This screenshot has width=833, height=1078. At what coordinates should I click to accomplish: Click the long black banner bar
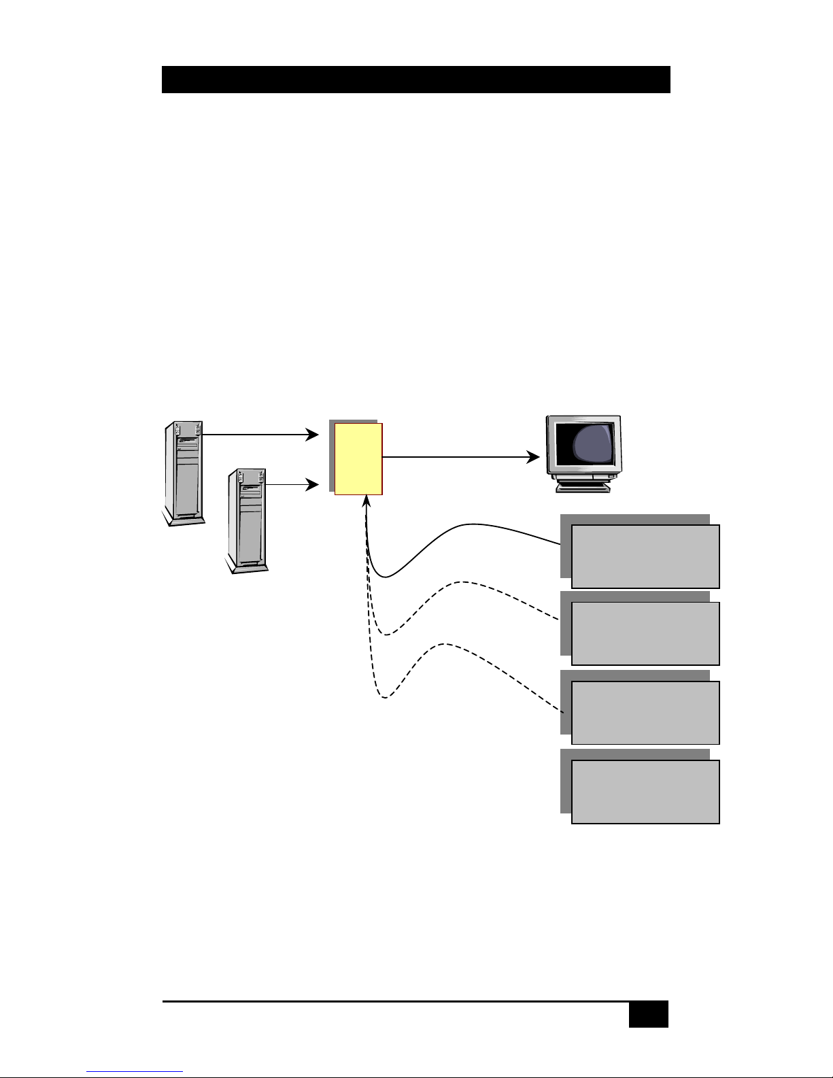tap(415, 80)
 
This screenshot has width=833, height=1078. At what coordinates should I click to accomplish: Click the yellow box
tap(358, 459)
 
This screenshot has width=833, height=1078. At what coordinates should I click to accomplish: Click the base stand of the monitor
tap(583, 486)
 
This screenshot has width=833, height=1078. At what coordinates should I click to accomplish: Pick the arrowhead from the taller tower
tap(313, 435)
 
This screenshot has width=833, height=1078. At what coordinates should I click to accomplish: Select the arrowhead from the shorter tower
tap(313, 485)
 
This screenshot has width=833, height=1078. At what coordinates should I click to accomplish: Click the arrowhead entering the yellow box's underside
tap(366, 502)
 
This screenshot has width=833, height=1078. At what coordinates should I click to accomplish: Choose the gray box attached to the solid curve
tap(645, 556)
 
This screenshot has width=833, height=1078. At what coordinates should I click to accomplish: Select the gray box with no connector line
tap(645, 792)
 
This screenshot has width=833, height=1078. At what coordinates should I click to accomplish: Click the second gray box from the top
tap(645, 633)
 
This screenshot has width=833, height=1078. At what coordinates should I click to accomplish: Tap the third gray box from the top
tap(645, 713)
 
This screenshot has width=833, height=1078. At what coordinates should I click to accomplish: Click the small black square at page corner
tap(648, 1014)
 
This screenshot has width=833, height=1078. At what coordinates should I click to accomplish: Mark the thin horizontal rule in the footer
tap(394, 1001)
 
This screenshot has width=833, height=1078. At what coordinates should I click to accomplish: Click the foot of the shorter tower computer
tap(248, 567)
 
